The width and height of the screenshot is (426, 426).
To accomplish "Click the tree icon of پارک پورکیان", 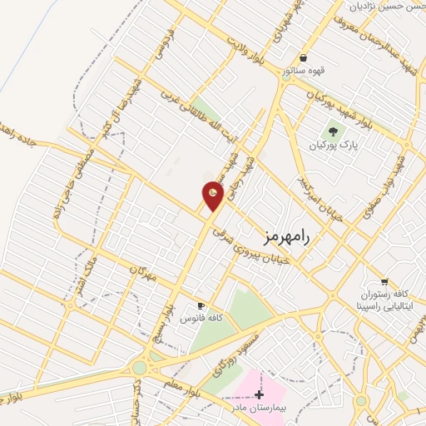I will (x=333, y=131).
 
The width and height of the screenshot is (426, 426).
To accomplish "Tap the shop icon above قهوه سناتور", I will (x=305, y=58).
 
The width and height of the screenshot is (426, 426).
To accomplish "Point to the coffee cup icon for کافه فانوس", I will (x=200, y=305).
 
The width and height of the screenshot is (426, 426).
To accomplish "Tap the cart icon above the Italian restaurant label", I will (x=384, y=281).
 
